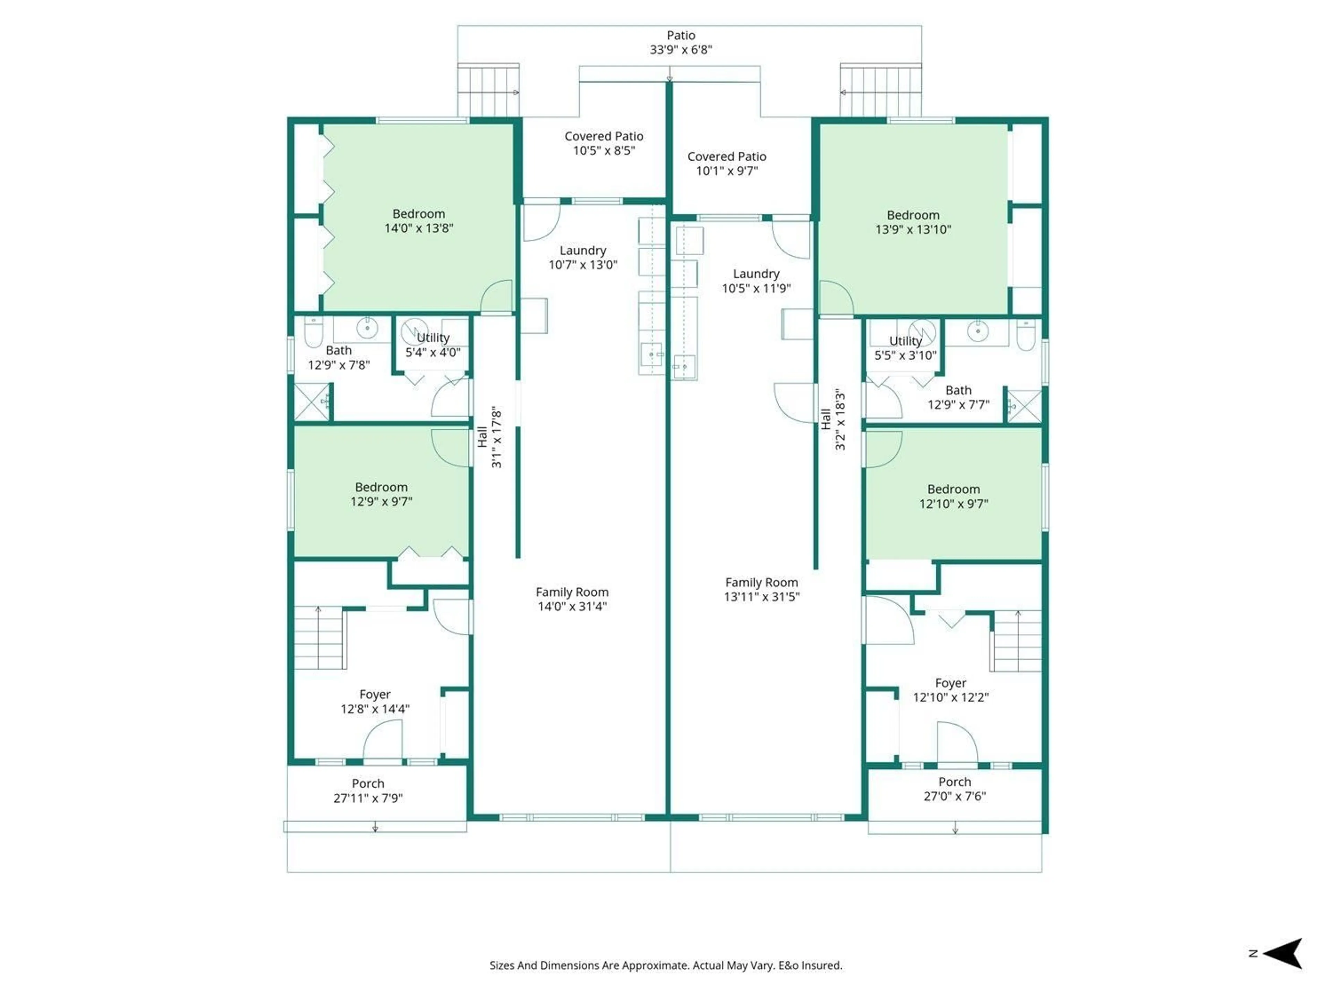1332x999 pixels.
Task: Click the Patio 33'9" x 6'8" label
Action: point(681,43)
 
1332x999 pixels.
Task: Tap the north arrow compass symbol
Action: point(1284,953)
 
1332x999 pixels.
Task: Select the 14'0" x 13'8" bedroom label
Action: point(419,221)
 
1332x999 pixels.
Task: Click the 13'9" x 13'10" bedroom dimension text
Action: point(913,229)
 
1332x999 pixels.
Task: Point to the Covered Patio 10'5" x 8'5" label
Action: point(603,143)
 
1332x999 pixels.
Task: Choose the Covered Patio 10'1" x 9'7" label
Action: point(726,163)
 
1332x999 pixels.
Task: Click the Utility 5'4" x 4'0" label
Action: point(432,345)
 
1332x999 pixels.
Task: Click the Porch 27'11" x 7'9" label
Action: point(368,791)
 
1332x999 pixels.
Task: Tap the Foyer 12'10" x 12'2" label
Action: point(950,690)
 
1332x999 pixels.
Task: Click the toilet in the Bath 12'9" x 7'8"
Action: point(313,332)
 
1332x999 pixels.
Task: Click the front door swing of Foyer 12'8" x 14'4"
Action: point(382,741)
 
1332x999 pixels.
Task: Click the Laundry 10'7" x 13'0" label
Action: point(582,257)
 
